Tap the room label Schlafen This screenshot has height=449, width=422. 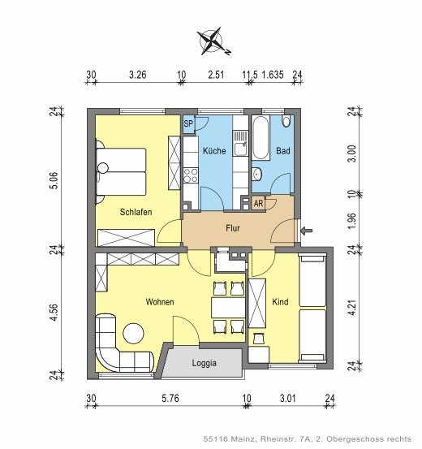point(136,212)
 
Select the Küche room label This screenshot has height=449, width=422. point(214,151)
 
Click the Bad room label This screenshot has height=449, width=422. point(282,151)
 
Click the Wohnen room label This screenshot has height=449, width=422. point(160,302)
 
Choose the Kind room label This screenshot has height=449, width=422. point(280,302)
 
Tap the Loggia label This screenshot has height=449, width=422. point(204,363)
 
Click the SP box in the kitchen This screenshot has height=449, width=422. point(188,123)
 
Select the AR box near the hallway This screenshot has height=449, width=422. point(258,203)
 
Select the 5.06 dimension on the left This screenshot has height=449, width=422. point(53,179)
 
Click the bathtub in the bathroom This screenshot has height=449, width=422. point(262,138)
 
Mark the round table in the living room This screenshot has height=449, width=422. point(132,333)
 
